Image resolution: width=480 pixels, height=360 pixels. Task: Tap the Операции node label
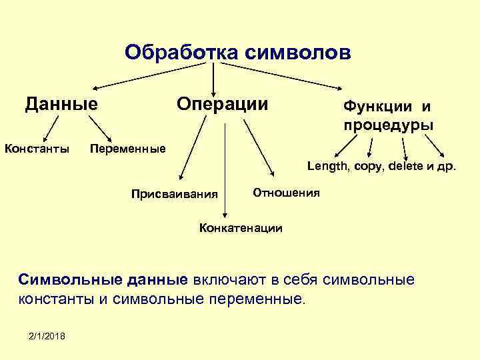pos(222,104)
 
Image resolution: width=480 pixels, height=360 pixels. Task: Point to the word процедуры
pos(389,125)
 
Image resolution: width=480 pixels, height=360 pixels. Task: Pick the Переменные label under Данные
pos(127,148)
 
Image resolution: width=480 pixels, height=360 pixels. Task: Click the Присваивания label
pos(175,195)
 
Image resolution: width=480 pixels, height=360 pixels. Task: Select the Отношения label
pos(287,193)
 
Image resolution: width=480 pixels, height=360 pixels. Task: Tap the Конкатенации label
pos(241,228)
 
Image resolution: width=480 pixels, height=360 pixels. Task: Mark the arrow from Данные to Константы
pos(49,127)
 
